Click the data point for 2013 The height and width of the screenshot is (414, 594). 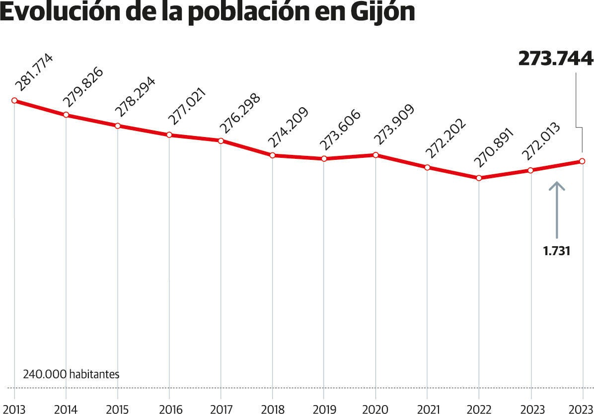coord(14,100)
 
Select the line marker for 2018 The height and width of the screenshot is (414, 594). coord(272,155)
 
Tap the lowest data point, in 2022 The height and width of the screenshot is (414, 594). coord(479,178)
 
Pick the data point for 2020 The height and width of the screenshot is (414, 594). coord(375,155)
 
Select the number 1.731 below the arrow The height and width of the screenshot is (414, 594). coord(557,251)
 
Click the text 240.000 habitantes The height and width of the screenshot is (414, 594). coord(71,374)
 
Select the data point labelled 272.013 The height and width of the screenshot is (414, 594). coord(530,170)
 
